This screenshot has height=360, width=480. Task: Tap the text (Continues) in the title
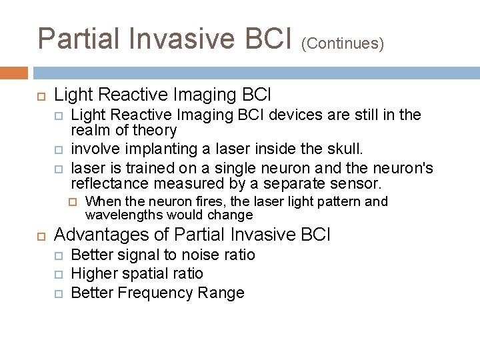343,43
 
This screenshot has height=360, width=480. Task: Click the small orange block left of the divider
14,73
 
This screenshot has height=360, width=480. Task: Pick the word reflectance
109,183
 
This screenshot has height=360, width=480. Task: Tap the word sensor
359,183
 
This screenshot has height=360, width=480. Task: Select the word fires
210,201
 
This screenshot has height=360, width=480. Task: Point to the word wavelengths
124,215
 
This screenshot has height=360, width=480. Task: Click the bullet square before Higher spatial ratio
59,274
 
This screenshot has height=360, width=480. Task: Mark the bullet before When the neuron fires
74,201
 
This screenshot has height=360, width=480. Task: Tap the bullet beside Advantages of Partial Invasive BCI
40,235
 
